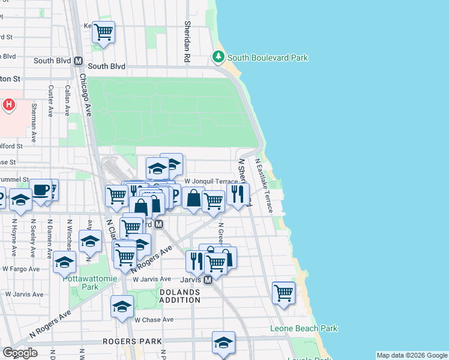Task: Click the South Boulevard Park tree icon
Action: pyautogui.click(x=218, y=58)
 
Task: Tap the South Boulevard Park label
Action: pyautogui.click(x=267, y=58)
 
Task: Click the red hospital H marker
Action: pyautogui.click(x=9, y=106)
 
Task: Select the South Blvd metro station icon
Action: pyautogui.click(x=78, y=61)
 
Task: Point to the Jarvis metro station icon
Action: pyautogui.click(x=208, y=280)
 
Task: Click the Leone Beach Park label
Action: pyautogui.click(x=304, y=328)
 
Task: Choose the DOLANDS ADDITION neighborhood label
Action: pyautogui.click(x=180, y=296)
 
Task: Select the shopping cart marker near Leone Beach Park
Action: pyautogui.click(x=283, y=293)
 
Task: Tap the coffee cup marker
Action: pyautogui.click(x=41, y=190)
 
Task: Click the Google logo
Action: pyautogui.click(x=20, y=352)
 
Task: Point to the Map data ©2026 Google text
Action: pyautogui.click(x=411, y=355)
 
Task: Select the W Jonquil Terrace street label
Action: pyautogui.click(x=211, y=181)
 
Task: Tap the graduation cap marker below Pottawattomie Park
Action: pyautogui.click(x=122, y=306)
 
